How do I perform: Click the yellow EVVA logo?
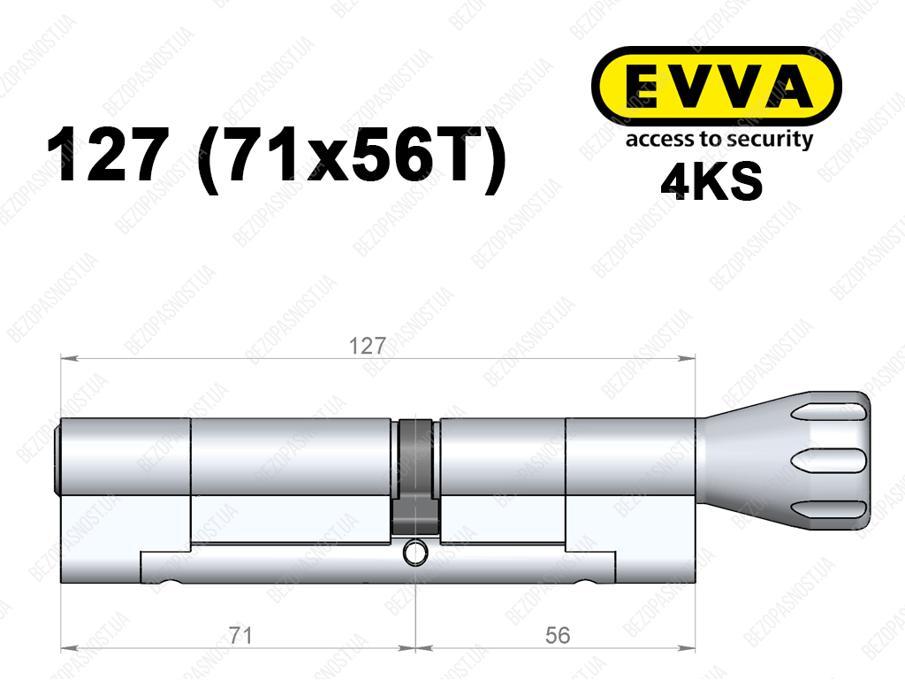pyautogui.click(x=716, y=86)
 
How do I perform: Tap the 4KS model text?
pyautogui.click(x=711, y=181)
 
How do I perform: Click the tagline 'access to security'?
pyautogui.click(x=719, y=140)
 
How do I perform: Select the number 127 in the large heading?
pyautogui.click(x=109, y=155)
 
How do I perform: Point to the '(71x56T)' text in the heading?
pyautogui.click(x=352, y=157)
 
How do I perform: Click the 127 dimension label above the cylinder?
pyautogui.click(x=367, y=346)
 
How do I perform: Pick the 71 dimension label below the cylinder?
pyautogui.click(x=240, y=636)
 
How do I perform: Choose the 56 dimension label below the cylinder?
pyautogui.click(x=557, y=636)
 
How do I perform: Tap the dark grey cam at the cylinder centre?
pyautogui.click(x=415, y=477)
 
